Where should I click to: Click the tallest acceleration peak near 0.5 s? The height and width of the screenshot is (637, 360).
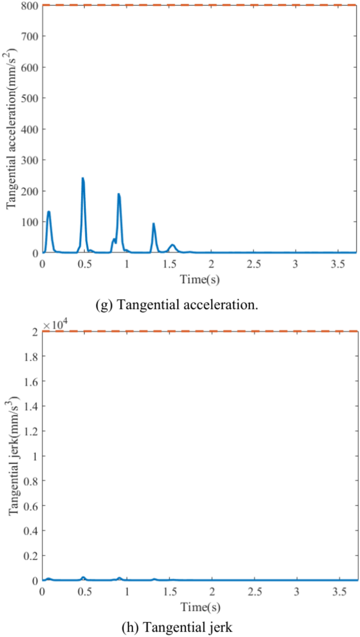[x=83, y=179]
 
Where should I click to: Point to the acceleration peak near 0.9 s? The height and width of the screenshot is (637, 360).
[x=119, y=195]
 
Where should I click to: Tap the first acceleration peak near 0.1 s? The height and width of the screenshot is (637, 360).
[x=48, y=212]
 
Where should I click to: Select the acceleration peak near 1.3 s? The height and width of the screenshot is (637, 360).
[x=153, y=224]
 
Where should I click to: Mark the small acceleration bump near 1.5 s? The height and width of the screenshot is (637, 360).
[x=172, y=245]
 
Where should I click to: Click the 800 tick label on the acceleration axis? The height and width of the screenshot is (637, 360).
[x=29, y=6]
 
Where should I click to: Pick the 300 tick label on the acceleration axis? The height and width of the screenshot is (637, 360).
[x=29, y=160]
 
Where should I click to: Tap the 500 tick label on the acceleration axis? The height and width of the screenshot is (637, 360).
[x=29, y=98]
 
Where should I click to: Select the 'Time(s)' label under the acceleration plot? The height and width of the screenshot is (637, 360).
[x=200, y=279]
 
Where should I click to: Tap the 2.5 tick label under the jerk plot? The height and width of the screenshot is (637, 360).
[x=254, y=593]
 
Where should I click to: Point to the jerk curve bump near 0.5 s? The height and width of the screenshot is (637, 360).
[x=83, y=578]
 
